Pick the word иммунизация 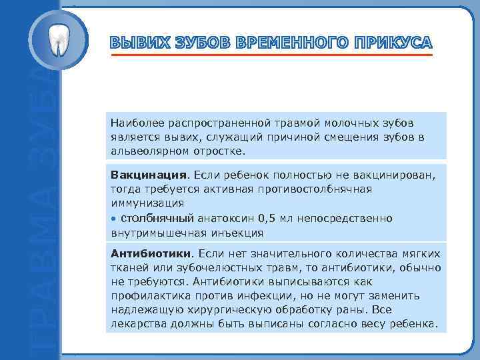pyautogui.click(x=147, y=203)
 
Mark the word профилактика pyautogui.click(x=151, y=296)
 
